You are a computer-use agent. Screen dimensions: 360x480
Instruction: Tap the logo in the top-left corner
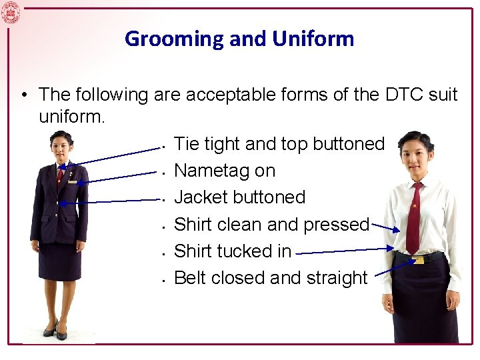11,12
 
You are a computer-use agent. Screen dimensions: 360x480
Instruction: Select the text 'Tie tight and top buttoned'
279,144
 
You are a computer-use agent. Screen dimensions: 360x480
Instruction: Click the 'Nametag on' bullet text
224,171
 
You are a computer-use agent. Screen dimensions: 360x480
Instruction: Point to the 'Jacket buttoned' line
239,197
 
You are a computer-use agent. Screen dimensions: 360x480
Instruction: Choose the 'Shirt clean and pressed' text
271,225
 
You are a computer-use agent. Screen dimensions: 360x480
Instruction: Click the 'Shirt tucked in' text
232,251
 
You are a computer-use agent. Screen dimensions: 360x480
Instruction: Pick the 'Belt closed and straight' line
270,278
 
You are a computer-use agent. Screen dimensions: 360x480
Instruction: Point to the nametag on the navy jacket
72,181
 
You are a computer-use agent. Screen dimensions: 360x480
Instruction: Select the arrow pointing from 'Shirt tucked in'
343,251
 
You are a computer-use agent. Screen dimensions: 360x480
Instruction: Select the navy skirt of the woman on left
60,260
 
